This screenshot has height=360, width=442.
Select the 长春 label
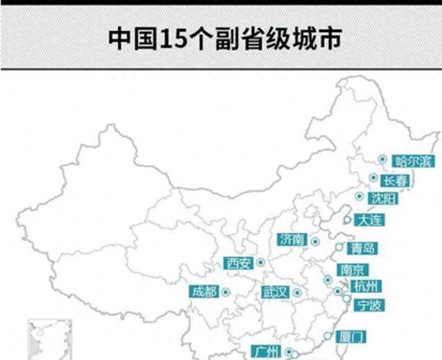[x=395, y=180]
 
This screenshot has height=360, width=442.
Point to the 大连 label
[x=369, y=219]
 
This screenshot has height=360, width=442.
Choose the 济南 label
[x=293, y=239]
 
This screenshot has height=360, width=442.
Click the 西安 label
[x=239, y=264]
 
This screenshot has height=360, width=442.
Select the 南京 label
[x=352, y=270]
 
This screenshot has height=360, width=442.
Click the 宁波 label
[x=369, y=305]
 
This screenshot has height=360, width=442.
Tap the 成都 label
[x=204, y=292]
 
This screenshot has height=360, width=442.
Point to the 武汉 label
[x=275, y=292]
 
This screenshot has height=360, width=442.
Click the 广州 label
[x=267, y=351]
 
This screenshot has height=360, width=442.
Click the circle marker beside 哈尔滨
[x=382, y=159]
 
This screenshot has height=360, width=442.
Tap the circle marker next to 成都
[x=226, y=292]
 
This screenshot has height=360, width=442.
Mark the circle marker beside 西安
[x=261, y=263]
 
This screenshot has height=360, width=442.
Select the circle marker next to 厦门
[x=328, y=335]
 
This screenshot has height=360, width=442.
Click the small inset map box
[x=50, y=339]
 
